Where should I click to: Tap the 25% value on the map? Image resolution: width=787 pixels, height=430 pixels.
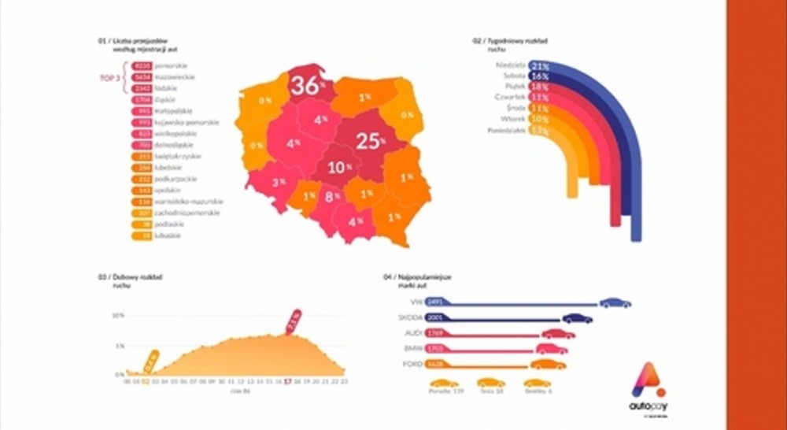click(369, 141)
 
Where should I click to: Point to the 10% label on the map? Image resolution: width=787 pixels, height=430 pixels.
click(339, 168)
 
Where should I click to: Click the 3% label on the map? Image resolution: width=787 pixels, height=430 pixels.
click(279, 182)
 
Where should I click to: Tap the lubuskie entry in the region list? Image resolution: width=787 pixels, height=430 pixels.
click(168, 235)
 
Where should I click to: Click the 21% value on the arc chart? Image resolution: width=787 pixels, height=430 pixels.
click(540, 66)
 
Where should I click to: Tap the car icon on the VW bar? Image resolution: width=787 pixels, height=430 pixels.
click(615, 302)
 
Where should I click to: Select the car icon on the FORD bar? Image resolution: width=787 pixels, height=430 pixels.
click(548, 364)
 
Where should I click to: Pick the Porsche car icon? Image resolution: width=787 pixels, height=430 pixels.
click(444, 381)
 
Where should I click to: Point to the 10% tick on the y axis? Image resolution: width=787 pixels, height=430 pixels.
click(118, 316)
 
